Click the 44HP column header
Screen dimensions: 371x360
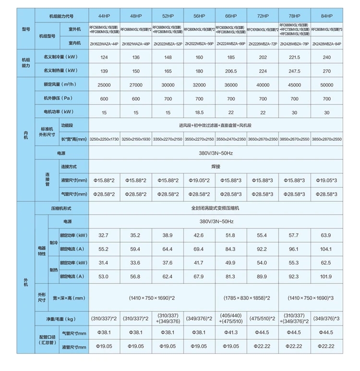click(105, 16)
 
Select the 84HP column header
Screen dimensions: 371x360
click(327, 16)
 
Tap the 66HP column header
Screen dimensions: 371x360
click(231, 16)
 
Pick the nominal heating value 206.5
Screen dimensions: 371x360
click(231, 71)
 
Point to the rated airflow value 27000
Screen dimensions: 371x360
click(136, 85)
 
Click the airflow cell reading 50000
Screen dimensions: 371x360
click(327, 85)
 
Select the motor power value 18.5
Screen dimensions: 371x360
click(200, 112)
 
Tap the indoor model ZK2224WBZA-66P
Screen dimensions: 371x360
click(231, 43)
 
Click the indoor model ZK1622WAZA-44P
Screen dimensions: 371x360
click(105, 43)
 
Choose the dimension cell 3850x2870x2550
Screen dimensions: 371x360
click(327, 139)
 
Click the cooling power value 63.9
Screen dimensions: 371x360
click(327, 235)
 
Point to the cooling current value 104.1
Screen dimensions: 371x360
click(327, 249)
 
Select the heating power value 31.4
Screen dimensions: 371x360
click(105, 263)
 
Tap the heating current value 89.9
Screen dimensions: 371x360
click(263, 276)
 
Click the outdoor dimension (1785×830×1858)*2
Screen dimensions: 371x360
click(247, 298)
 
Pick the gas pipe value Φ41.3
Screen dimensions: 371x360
click(231, 333)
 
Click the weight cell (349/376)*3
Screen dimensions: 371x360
click(327, 318)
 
